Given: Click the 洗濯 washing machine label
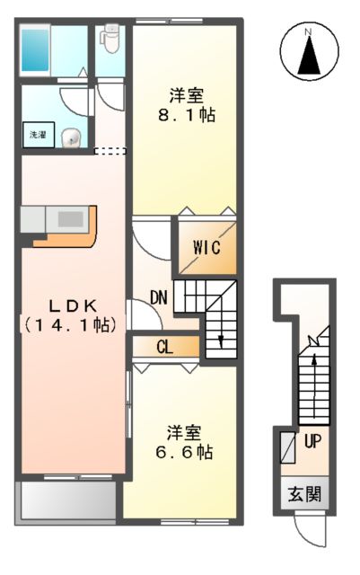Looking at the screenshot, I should coord(39,135).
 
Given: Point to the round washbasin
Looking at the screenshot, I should coord(74,137).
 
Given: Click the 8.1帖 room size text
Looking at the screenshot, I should coord(189,116).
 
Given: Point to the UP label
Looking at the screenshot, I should coord(312,442).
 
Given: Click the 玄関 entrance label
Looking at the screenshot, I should coord(303,494).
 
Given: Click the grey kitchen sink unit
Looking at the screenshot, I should coord(54,218).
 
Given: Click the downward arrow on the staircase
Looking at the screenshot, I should coord(219,338).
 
